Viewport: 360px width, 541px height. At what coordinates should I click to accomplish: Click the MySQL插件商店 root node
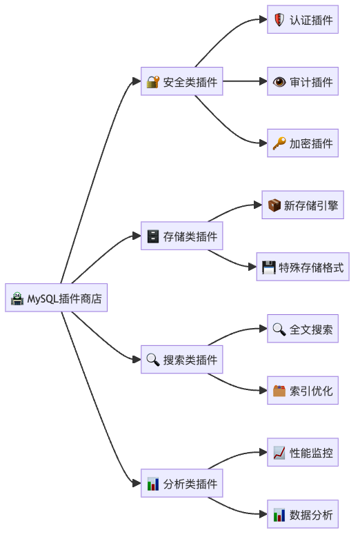pos(56,298)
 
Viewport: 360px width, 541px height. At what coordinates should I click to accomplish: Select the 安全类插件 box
pos(182,82)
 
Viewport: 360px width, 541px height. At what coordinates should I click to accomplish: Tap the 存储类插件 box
pos(182,236)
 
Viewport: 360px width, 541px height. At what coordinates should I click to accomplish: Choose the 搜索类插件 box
pos(182,360)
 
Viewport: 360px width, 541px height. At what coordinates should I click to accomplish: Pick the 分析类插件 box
pos(182,484)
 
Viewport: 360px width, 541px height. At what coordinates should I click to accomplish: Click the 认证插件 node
pos(303,20)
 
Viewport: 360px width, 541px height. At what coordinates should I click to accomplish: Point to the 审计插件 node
pos(303,82)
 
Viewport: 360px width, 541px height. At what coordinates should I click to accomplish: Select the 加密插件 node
pos(303,143)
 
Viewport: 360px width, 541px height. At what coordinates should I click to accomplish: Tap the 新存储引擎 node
pos(303,205)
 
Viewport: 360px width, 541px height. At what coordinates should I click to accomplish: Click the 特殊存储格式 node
pos(303,267)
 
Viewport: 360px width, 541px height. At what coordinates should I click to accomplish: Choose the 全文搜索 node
pos(303,329)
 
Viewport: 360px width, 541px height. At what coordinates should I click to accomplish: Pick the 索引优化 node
pos(303,391)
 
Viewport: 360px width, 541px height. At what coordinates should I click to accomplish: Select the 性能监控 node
pos(303,453)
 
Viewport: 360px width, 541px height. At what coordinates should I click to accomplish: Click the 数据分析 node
pos(303,515)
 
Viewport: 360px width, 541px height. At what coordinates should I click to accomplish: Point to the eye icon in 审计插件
pos(279,82)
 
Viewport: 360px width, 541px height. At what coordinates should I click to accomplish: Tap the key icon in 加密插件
pos(279,143)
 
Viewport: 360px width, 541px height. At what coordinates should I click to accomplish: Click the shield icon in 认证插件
pos(279,20)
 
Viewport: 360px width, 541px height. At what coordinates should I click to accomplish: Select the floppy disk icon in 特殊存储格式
pos(269,267)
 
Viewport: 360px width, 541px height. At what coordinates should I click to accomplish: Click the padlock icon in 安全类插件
pos(153,82)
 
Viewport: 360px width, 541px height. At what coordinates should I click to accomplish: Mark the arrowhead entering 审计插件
pos(263,82)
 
